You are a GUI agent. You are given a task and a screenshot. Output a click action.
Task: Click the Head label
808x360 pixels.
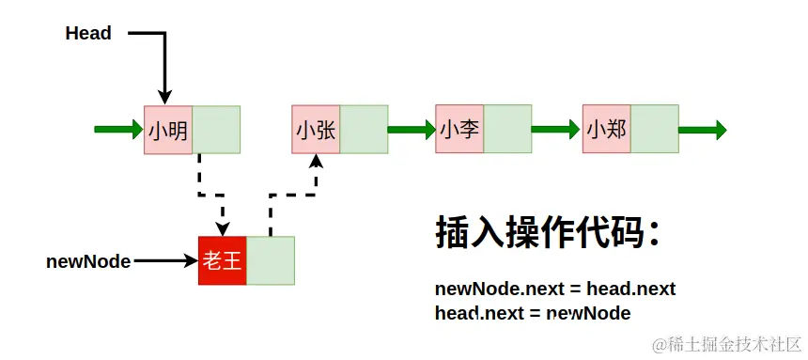tap(88, 34)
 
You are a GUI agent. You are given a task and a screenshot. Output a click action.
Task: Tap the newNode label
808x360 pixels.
tap(88, 261)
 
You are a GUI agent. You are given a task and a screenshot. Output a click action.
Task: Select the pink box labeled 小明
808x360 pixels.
tap(168, 130)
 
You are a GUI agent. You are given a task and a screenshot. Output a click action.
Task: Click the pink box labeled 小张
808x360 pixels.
tap(316, 130)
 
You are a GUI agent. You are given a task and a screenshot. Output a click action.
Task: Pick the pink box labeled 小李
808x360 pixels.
tap(459, 130)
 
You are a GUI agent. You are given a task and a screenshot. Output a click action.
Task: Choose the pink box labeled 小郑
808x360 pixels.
tap(606, 130)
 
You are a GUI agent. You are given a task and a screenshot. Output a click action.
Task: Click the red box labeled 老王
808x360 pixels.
tap(223, 260)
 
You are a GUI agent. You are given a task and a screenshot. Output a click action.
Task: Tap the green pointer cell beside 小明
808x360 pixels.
tap(216, 130)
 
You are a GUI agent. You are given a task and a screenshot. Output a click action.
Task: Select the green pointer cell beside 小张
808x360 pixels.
tap(364, 130)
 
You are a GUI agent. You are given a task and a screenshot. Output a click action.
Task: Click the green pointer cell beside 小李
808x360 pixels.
tap(507, 130)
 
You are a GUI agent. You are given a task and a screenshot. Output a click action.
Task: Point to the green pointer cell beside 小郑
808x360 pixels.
tap(655, 130)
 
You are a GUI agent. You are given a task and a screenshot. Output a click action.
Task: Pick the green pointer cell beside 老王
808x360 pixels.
tap(271, 260)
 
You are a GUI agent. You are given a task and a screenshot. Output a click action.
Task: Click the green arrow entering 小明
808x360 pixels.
tap(119, 130)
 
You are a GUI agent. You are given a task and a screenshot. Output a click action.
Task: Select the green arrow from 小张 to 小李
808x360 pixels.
tap(412, 130)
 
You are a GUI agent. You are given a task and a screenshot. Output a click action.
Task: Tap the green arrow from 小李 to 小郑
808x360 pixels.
tap(557, 130)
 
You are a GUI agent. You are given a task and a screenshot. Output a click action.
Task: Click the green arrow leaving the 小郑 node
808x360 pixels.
tap(703, 130)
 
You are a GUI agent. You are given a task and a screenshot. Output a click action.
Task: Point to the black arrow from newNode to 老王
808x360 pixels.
tap(164, 261)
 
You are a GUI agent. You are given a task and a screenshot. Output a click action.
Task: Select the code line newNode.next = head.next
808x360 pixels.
tap(555, 289)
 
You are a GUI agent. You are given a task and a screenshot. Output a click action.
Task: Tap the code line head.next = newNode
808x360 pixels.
tap(533, 313)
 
